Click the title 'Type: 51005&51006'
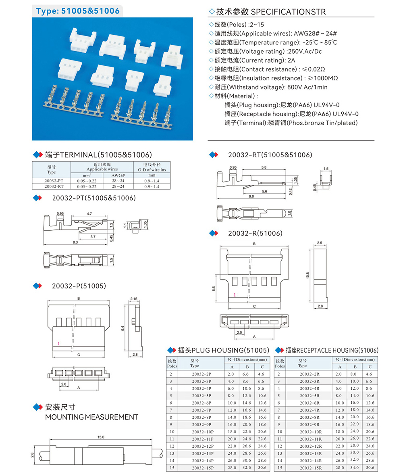(x=78, y=11)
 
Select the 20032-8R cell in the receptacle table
(x=310, y=417)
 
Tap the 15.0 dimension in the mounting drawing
(x=101, y=437)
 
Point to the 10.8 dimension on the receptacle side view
(x=308, y=276)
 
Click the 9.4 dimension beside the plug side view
(x=123, y=329)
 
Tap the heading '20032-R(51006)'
(x=255, y=233)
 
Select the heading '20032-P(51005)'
(x=79, y=286)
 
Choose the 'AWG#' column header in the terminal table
(x=118, y=175)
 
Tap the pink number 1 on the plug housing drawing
(x=58, y=343)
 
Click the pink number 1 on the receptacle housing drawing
(x=234, y=295)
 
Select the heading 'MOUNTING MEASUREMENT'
(x=91, y=417)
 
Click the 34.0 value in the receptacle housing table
(x=355, y=468)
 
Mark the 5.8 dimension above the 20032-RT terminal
(x=264, y=167)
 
